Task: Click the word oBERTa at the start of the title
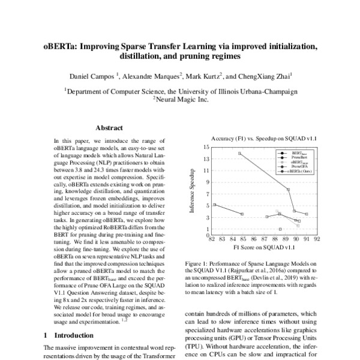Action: coord(58,46)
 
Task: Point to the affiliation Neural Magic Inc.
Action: coord(182,100)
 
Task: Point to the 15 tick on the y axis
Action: coord(207,146)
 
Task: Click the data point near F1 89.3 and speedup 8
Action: coord(289,190)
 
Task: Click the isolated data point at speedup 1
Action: coord(280,229)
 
